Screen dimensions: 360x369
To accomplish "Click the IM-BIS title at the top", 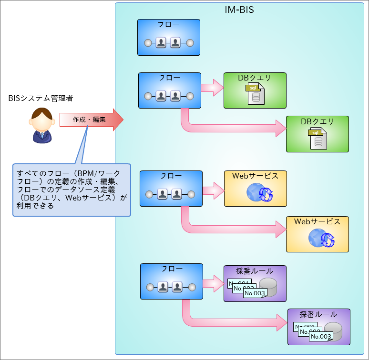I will [x=239, y=10].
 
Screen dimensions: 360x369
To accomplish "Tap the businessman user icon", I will [x=41, y=126].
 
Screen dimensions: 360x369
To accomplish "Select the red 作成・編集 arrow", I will [x=91, y=120].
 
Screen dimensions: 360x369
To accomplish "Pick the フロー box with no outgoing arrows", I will [x=168, y=38].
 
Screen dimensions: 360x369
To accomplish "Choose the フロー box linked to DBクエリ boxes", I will [x=169, y=90].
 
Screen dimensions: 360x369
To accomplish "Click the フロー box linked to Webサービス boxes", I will [x=171, y=189].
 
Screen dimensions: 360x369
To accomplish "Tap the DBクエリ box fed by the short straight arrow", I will [x=255, y=90].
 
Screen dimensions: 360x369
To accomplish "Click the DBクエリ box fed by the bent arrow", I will [x=317, y=134].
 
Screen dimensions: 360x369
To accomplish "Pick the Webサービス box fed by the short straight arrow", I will [x=255, y=189].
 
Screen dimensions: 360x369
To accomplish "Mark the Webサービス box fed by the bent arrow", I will [x=317, y=234].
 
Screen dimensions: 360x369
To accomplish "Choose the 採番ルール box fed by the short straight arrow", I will [x=255, y=283].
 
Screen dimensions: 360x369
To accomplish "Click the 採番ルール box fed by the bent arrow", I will [x=318, y=327].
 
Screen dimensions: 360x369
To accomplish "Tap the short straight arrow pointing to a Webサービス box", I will [x=213, y=191].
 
